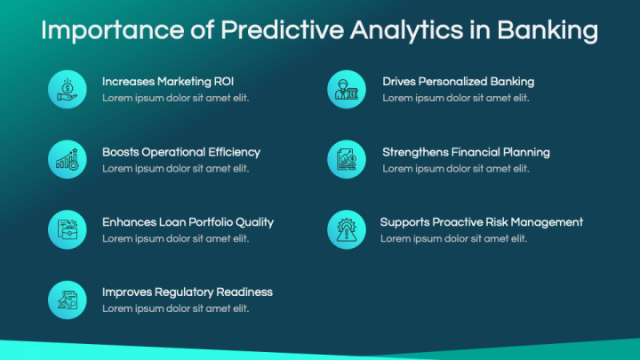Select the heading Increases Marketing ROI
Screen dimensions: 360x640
pyautogui.click(x=168, y=82)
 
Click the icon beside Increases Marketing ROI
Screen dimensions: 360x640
pyautogui.click(x=68, y=89)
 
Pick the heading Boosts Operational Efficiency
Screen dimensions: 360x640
pyautogui.click(x=181, y=152)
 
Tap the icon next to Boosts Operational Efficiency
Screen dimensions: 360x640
pyautogui.click(x=68, y=159)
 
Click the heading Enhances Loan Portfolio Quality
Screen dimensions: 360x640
pyautogui.click(x=188, y=222)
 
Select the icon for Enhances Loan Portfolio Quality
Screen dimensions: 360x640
pyautogui.click(x=68, y=229)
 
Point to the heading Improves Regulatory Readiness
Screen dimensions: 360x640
pyautogui.click(x=188, y=292)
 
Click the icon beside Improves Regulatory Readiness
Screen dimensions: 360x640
pyautogui.click(x=68, y=300)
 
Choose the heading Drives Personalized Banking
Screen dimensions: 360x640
pyautogui.click(x=458, y=82)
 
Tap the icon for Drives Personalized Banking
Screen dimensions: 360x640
pyautogui.click(x=347, y=89)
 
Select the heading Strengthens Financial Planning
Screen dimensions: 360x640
pyautogui.click(x=466, y=152)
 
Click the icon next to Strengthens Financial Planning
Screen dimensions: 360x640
pyautogui.click(x=347, y=159)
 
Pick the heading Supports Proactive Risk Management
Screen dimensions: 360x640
pyautogui.click(x=482, y=222)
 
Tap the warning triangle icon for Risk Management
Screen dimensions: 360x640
pyautogui.click(x=347, y=229)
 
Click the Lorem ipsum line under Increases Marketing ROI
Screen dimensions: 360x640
pyautogui.click(x=175, y=98)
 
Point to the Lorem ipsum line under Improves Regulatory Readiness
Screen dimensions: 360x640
pyautogui.click(x=175, y=308)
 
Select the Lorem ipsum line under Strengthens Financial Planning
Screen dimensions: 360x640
pyautogui.click(x=455, y=168)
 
